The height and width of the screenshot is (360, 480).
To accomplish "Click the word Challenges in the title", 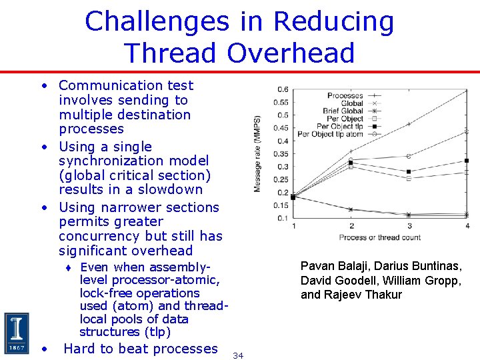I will pos(157,22).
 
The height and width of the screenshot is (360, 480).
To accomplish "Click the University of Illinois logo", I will pos(17,333).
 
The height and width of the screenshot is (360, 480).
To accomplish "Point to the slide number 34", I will pos(238,356).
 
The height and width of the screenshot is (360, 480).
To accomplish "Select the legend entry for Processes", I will pos(345,96).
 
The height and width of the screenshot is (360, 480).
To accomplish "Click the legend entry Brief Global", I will pos(343,111).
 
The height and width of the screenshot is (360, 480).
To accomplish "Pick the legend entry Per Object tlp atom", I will pos(330,134).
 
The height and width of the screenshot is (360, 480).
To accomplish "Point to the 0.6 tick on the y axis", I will pos(283,89).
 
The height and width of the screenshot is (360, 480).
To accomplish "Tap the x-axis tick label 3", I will pos(409,227).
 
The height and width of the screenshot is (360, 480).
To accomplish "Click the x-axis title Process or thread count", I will pos(380,237).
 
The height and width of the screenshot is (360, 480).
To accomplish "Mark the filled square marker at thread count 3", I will pos(409,171).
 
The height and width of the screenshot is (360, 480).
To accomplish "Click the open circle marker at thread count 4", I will pos(467,131).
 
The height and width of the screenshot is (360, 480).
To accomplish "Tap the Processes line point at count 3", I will pos(409,124).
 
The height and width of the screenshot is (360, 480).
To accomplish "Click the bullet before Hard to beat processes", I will pos(43,349).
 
